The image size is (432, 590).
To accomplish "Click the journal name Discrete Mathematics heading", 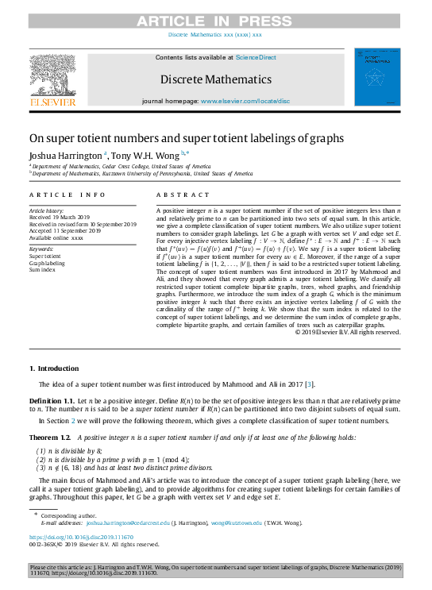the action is [216, 79].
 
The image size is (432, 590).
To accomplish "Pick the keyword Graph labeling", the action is [48, 263].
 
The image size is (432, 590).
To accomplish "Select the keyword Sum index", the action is [43, 269].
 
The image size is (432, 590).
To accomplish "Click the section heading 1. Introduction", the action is [54, 368].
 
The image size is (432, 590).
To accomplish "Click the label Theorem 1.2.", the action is [51, 438].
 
